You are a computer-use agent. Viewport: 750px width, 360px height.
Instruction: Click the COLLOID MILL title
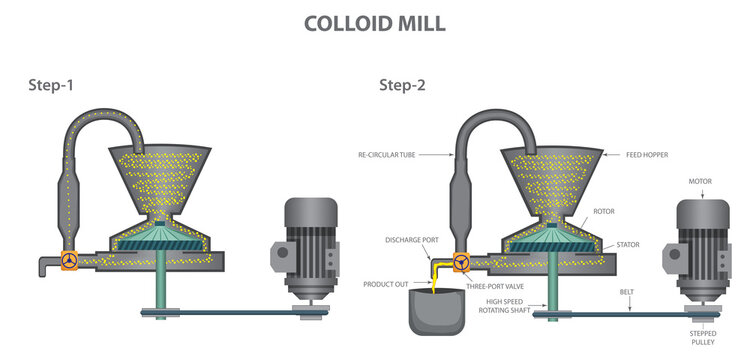[375, 22]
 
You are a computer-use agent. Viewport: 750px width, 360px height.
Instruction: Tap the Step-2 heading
[402, 85]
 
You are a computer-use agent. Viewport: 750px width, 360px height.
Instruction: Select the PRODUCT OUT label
[386, 284]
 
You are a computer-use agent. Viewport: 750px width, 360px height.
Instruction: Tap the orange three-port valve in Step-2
[462, 263]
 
